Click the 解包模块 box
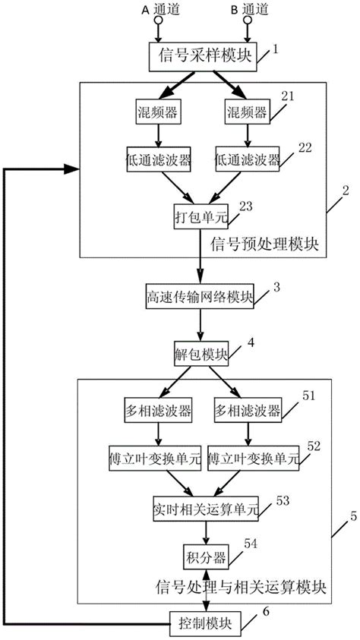(x=201, y=355)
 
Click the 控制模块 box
(x=206, y=623)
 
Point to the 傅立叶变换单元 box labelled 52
(x=252, y=459)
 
